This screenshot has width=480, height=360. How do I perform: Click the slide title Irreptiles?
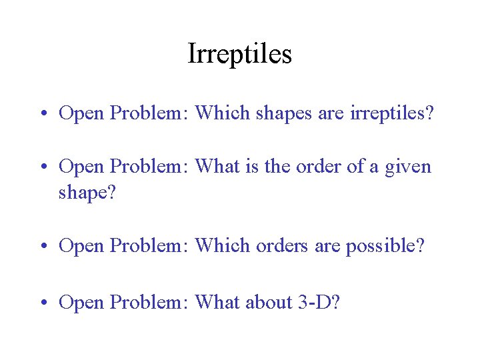tap(240, 53)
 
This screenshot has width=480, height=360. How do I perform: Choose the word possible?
tap(385, 246)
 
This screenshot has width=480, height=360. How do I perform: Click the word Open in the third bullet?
tap(81, 246)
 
